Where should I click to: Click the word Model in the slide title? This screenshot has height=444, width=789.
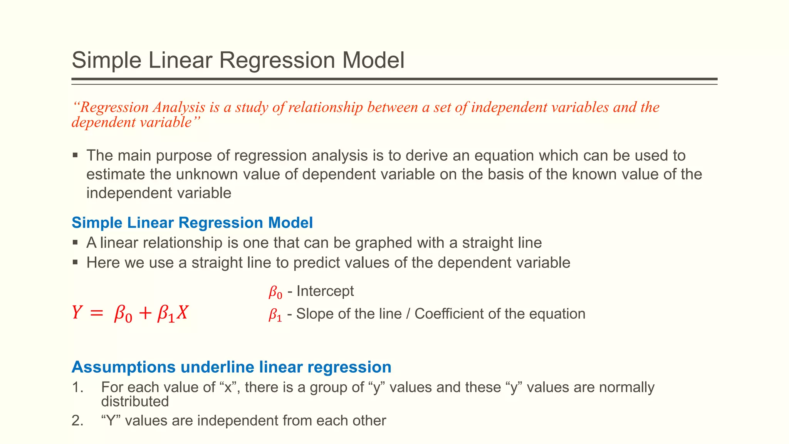point(373,61)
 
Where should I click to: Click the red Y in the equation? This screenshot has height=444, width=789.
point(77,313)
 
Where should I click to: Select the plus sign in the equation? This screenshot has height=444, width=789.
point(145,314)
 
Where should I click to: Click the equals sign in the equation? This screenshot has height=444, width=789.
point(96,314)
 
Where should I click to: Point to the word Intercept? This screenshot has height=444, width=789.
point(325,291)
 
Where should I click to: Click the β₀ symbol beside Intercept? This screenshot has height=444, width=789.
point(275,293)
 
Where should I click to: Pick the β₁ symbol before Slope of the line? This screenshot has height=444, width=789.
point(275,315)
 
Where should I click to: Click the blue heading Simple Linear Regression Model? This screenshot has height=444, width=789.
point(192,223)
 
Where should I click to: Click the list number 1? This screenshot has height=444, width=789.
point(77,387)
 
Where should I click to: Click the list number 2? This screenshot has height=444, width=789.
point(77,420)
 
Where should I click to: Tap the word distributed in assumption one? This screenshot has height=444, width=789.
point(135,402)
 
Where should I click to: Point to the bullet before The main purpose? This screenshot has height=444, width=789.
point(75,156)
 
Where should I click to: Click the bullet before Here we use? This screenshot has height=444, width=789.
point(75,263)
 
